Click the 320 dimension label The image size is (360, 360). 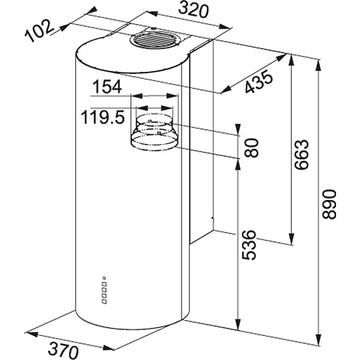(x=193, y=10)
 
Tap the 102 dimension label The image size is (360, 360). (x=39, y=31)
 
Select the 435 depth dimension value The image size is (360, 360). (x=259, y=82)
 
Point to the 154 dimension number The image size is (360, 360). (x=107, y=86)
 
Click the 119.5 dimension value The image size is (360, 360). (x=103, y=117)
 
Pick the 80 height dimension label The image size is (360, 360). (x=251, y=148)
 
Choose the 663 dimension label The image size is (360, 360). (x=302, y=154)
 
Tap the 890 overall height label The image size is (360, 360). (x=329, y=204)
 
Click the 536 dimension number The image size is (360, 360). (x=249, y=245)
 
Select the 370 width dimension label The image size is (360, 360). (x=64, y=350)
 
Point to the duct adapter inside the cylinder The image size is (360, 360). (x=154, y=133)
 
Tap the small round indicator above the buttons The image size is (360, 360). (x=104, y=278)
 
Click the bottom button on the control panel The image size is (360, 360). (x=104, y=301)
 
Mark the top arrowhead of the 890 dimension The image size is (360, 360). (x=318, y=65)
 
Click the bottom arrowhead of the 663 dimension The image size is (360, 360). (x=292, y=239)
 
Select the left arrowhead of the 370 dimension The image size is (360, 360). (x=31, y=334)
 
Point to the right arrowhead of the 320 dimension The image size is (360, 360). (x=224, y=26)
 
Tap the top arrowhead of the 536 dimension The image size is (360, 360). (x=238, y=166)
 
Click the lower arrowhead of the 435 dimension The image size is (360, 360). (x=226, y=89)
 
